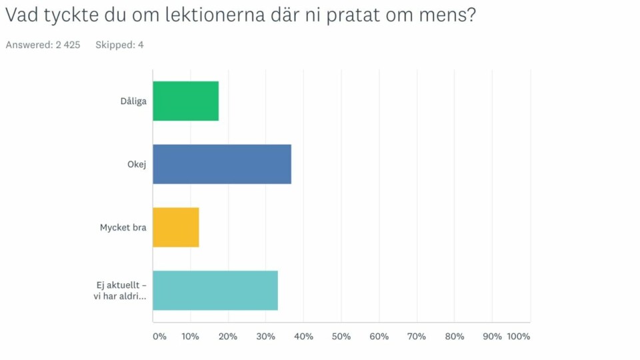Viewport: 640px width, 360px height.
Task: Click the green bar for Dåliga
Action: click(186, 101)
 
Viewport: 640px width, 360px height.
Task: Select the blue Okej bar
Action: click(222, 164)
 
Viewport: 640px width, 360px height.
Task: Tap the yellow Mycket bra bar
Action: click(176, 227)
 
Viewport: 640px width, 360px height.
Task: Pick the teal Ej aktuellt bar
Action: click(215, 291)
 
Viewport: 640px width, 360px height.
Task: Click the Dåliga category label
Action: click(133, 101)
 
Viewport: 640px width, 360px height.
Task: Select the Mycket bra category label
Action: click(123, 227)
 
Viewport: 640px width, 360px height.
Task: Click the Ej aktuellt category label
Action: click(121, 291)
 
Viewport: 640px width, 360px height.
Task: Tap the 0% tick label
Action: click(159, 337)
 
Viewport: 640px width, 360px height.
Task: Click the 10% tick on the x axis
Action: click(190, 337)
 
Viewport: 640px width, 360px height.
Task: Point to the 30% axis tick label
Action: click(265, 337)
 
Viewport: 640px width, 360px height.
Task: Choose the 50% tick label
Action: click(341, 337)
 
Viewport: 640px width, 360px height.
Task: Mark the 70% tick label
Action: click(417, 337)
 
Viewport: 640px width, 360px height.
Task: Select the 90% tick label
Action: click(492, 337)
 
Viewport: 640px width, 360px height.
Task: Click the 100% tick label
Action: click(518, 337)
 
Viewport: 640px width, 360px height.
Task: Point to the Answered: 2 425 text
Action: click(43, 45)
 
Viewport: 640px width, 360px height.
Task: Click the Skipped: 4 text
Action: click(119, 45)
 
